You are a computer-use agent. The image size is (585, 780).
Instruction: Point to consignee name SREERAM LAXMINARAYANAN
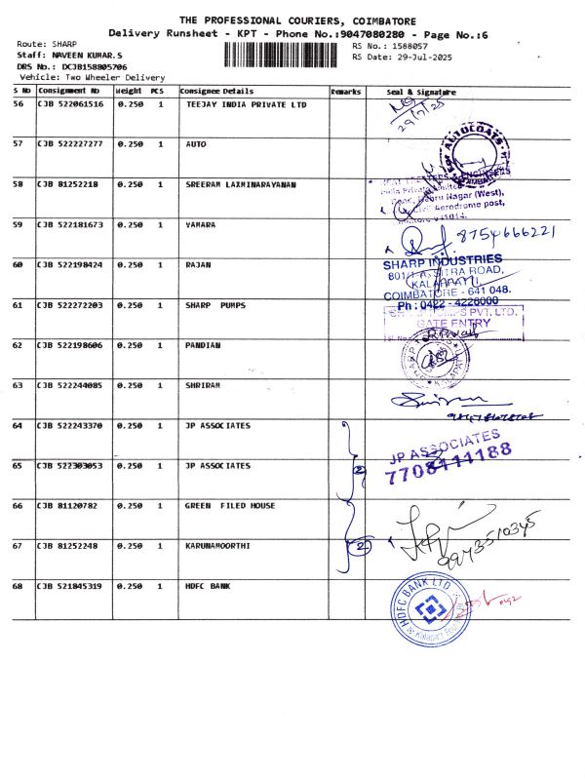241,183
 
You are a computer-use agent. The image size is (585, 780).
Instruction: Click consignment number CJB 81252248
65,545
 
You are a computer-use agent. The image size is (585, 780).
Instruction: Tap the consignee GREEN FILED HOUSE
230,506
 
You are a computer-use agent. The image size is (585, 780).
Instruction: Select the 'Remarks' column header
346,91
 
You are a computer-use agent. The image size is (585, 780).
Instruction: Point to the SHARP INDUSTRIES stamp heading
444,260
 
